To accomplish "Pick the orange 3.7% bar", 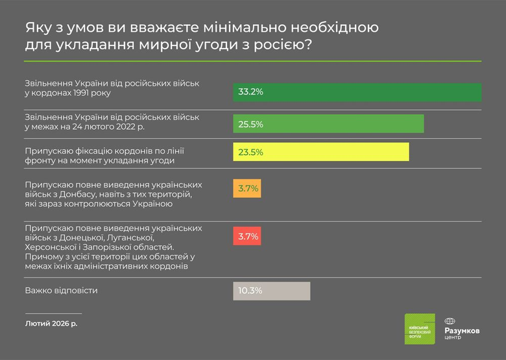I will tap(247, 188).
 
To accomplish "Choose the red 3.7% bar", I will tap(247, 236).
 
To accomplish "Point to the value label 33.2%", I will tap(250, 92).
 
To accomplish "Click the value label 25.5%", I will tap(250, 124).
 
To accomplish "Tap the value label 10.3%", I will tap(250, 291).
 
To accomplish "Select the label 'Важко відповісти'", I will tap(61, 291).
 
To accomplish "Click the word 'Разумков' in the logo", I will tap(463, 330).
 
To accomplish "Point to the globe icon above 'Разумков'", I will tap(450, 320).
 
